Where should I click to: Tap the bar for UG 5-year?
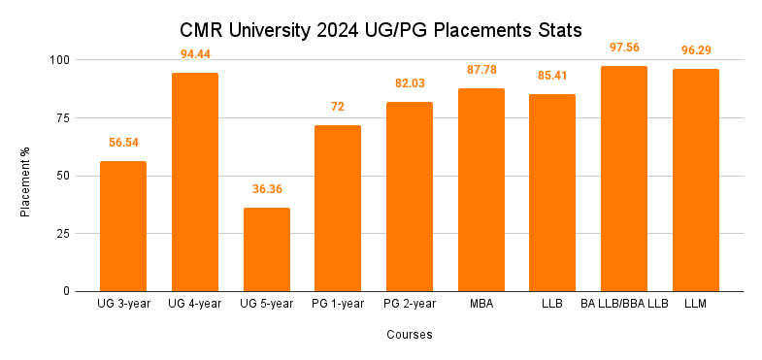(x=266, y=249)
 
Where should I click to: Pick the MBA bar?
(x=480, y=190)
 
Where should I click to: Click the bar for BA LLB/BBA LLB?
(x=623, y=179)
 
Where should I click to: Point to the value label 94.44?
(x=195, y=53)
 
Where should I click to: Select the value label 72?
(x=338, y=106)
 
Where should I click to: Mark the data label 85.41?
(x=552, y=75)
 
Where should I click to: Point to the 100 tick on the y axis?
(x=60, y=60)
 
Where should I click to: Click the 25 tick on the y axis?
(x=64, y=234)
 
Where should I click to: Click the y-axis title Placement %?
(x=26, y=176)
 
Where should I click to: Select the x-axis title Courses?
(x=408, y=335)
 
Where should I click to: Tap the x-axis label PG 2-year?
(x=409, y=305)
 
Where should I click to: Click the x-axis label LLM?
(x=695, y=305)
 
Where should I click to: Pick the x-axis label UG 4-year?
(x=195, y=305)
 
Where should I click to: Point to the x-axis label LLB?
(x=552, y=305)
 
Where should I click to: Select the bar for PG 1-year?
(x=338, y=208)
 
